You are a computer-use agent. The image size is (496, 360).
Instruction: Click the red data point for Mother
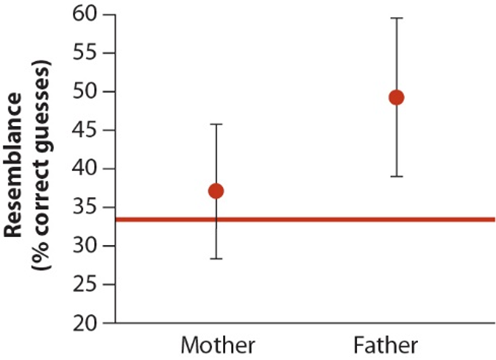pos(217,191)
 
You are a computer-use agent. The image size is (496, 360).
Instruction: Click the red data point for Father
pos(396,97)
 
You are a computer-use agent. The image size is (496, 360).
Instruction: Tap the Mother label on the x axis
pos(218,344)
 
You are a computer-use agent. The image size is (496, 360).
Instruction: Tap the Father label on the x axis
pos(386,344)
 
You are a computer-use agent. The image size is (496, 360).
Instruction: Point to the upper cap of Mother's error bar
pos(217,125)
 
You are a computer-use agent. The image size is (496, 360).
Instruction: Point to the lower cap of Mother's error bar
pos(217,258)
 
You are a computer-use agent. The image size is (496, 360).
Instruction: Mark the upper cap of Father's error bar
pos(396,19)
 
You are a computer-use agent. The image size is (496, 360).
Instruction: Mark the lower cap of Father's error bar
pos(396,176)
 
